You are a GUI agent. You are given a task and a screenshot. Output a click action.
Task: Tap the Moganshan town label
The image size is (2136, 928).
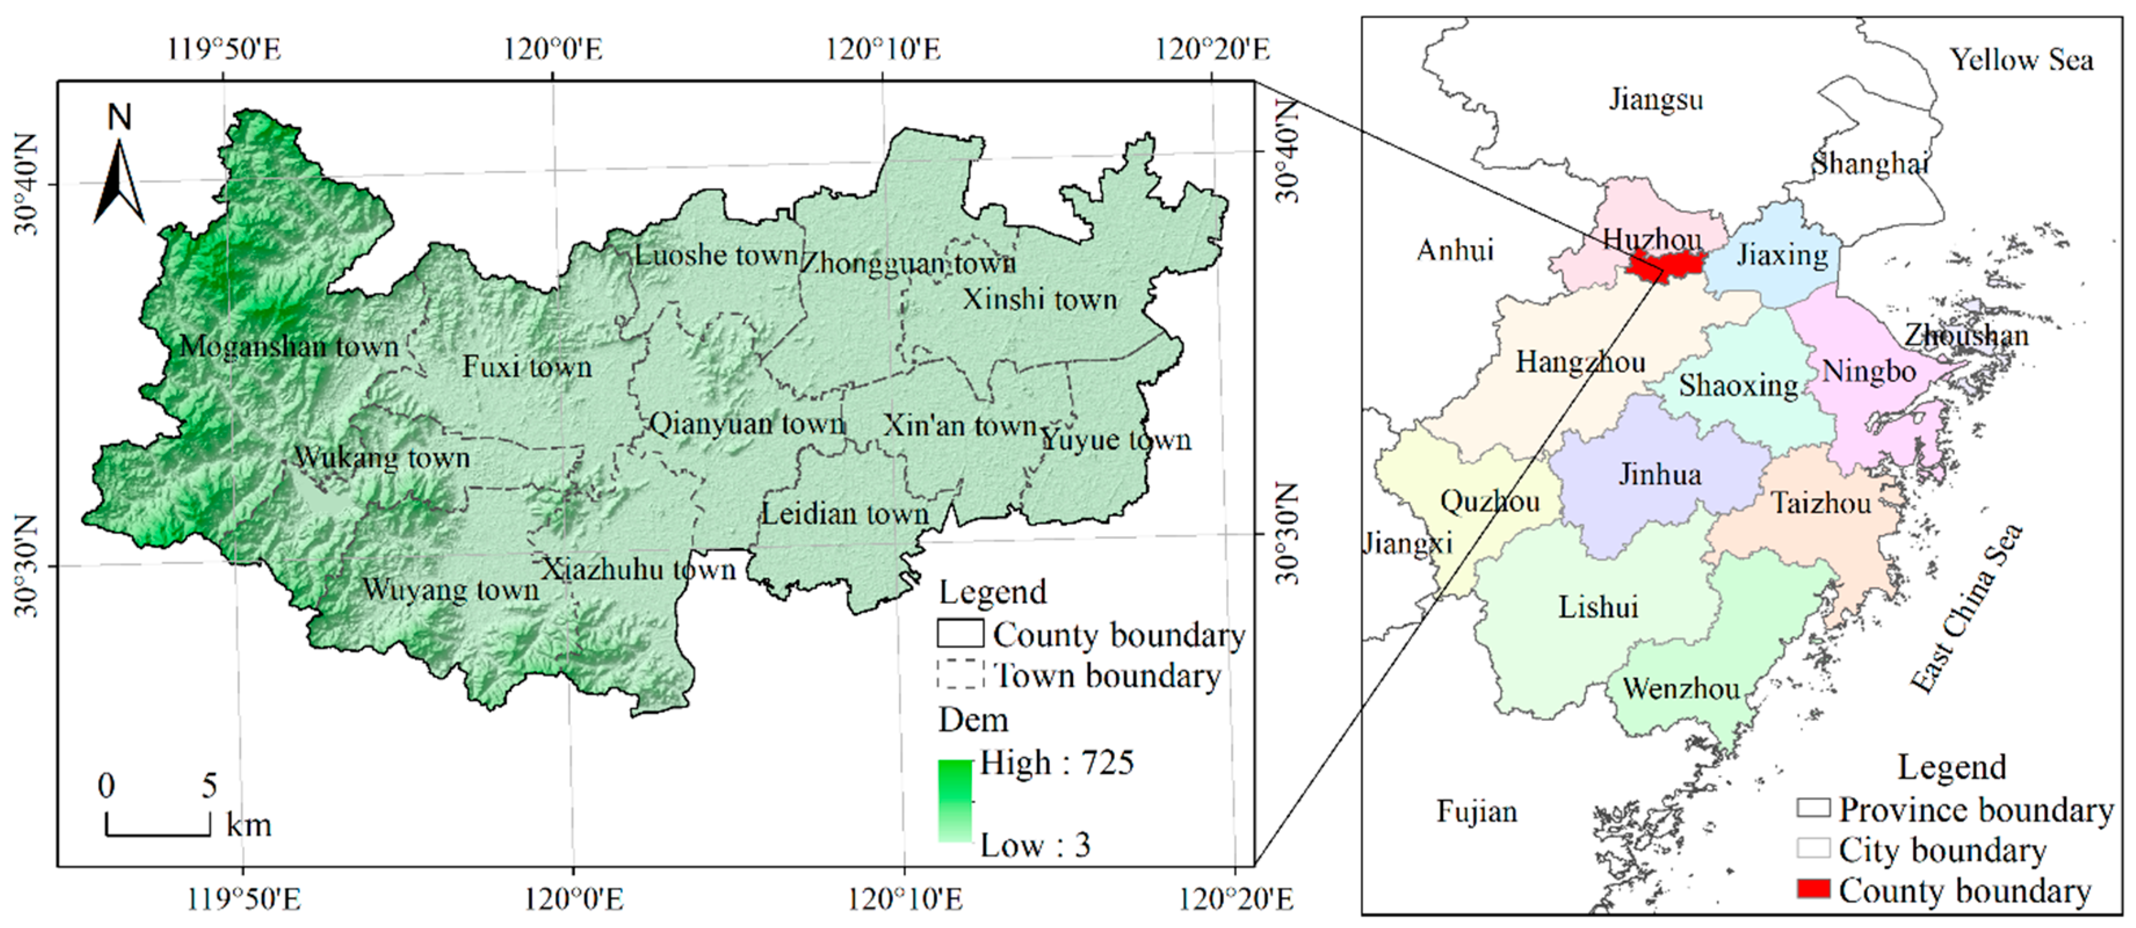[288, 346]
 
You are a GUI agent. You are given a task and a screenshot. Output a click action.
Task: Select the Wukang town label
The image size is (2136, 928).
[382, 457]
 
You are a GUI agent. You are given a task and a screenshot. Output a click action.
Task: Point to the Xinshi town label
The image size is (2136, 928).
[1040, 299]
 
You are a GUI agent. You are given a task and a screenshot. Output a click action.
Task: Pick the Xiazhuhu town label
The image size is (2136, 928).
[639, 570]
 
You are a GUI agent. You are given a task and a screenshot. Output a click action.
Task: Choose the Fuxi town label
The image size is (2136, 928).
[527, 367]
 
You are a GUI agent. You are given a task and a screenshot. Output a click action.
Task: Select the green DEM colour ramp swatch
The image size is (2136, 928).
[954, 801]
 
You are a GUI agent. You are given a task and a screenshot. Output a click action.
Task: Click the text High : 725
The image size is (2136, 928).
[1056, 763]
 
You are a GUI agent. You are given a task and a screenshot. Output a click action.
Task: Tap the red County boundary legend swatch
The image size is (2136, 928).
[1813, 890]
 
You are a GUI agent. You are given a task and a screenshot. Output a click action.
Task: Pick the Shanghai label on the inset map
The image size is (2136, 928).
[1870, 164]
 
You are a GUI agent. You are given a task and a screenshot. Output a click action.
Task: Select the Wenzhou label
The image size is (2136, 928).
[1681, 688]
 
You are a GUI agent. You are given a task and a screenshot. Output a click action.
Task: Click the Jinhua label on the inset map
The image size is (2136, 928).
[1660, 474]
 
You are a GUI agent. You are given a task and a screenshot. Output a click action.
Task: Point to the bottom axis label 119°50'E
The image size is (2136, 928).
[243, 899]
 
